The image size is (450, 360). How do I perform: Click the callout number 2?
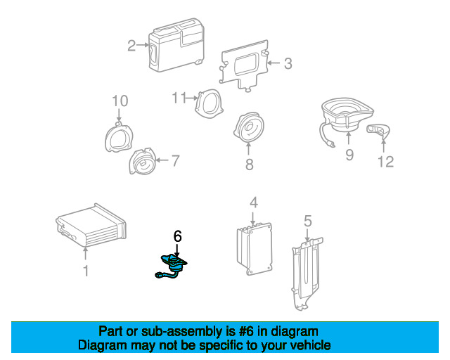coord(131,46)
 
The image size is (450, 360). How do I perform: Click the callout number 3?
coord(288,64)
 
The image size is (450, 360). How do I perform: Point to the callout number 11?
coord(181,97)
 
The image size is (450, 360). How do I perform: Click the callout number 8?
coord(248,165)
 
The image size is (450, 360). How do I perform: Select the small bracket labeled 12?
coord(380,129)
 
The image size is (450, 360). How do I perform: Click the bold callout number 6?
coord(178,238)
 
